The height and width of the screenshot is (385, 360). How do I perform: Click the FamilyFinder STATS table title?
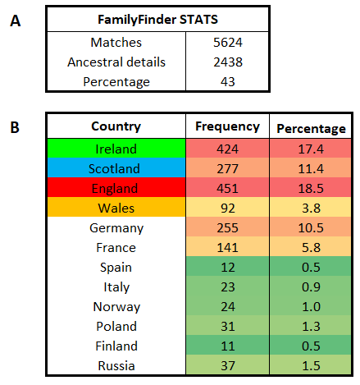tap(157, 20)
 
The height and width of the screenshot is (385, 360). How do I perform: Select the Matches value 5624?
tap(228, 43)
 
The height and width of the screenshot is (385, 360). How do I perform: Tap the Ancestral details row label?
tap(116, 62)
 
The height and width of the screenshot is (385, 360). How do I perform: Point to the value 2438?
tap(228, 62)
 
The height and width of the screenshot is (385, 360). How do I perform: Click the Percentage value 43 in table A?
tap(228, 82)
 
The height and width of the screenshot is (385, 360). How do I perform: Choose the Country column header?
tap(116, 126)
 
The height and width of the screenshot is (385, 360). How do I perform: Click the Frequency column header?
tap(227, 127)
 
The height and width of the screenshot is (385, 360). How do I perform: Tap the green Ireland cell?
tap(116, 148)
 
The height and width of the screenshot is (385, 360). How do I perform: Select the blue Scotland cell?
tap(116, 167)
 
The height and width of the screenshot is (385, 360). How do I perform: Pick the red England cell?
tap(116, 187)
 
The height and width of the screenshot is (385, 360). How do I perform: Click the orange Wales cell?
tap(116, 207)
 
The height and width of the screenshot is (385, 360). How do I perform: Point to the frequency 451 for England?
tap(227, 189)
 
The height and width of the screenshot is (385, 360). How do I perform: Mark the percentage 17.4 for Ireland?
tap(311, 149)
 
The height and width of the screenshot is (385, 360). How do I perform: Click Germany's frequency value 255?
tap(227, 228)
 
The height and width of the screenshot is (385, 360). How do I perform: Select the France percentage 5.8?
tap(311, 248)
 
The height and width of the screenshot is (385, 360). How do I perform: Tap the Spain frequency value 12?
tap(228, 268)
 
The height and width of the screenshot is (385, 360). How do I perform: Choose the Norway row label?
tap(116, 307)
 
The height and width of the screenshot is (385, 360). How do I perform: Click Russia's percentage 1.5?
tap(311, 366)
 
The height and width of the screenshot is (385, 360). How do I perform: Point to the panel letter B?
tap(15, 127)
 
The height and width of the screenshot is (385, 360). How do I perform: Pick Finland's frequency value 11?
tap(228, 346)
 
